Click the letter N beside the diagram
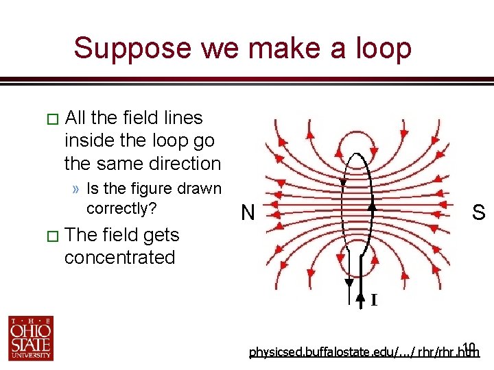point(248,214)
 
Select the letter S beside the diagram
point(478,213)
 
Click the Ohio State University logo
point(31,337)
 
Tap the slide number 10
point(469,346)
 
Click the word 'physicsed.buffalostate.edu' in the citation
point(313,353)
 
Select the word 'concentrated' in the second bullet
point(120,258)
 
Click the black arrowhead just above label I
point(362,297)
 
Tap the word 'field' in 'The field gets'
point(121,235)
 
